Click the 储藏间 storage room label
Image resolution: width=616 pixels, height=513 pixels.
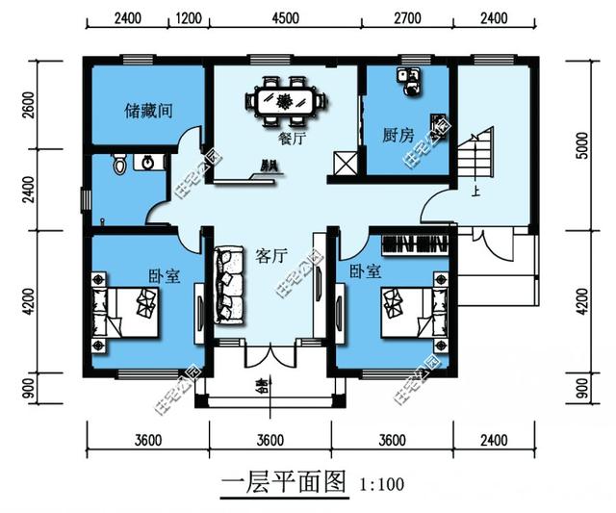(148, 111)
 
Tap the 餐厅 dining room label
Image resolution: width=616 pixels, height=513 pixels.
(291, 139)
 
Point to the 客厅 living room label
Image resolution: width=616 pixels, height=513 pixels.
(272, 256)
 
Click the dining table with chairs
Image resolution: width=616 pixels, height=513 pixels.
(284, 100)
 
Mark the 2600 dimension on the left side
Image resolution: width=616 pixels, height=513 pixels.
(28, 103)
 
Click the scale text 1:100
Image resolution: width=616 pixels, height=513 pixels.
(382, 485)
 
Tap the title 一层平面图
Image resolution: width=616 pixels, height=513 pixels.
(282, 483)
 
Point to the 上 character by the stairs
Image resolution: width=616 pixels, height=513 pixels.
(475, 192)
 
